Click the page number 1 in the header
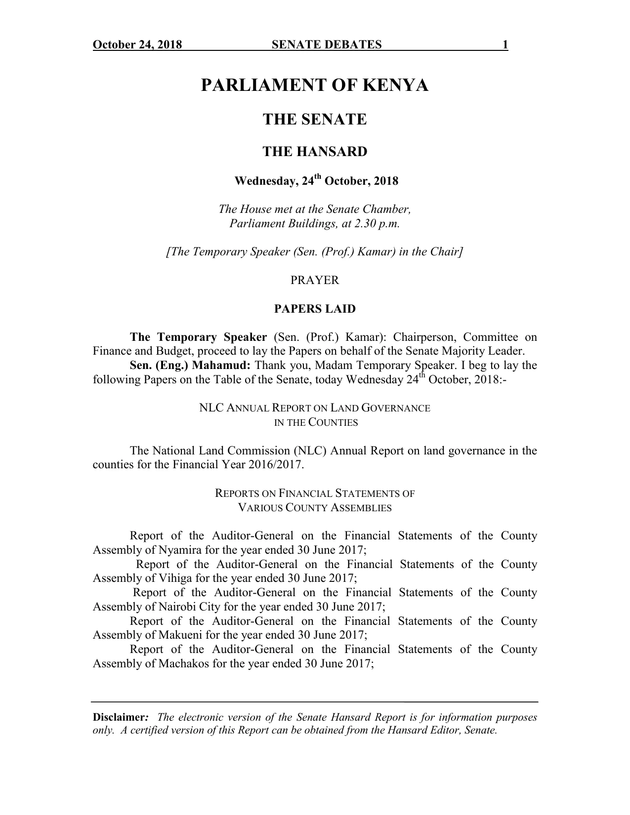505,45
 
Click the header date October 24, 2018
137,45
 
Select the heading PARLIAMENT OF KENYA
315,85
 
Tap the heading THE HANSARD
315,152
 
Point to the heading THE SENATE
315,120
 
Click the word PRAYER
315,281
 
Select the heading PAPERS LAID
315,309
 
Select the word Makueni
178,635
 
